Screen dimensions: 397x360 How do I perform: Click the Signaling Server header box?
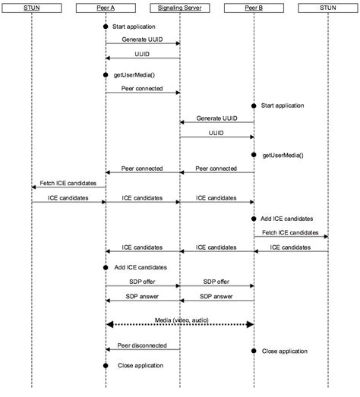coord(179,9)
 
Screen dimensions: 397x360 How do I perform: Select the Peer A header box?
coord(106,9)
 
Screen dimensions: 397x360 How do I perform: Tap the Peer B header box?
coord(253,9)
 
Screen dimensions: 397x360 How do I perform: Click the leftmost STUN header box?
coord(32,9)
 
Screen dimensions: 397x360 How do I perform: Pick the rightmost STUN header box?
coord(327,9)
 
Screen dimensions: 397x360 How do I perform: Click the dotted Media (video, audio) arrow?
coord(179,324)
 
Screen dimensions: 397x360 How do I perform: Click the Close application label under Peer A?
coord(141,365)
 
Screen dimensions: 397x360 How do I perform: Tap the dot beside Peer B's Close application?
coord(253,351)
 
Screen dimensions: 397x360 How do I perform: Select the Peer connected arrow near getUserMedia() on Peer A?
coord(142,93)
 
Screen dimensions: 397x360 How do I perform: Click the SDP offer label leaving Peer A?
coord(142,281)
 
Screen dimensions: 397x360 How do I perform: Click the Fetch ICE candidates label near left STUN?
coord(67,183)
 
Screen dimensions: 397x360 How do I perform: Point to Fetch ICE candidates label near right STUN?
coord(290,232)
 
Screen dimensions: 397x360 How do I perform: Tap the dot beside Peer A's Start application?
coord(106,27)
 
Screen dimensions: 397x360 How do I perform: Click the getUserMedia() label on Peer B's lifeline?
coord(283,155)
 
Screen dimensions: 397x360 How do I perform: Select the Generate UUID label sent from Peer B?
coord(216,118)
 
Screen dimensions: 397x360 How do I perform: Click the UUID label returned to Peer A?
coord(142,54)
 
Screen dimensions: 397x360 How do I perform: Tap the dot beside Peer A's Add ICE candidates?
coord(106,267)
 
